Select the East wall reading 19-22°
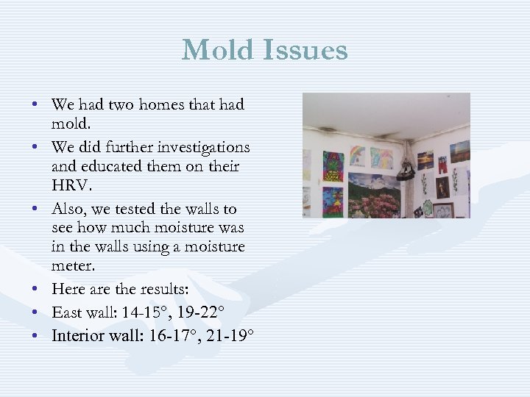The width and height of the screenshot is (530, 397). [200, 312]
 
